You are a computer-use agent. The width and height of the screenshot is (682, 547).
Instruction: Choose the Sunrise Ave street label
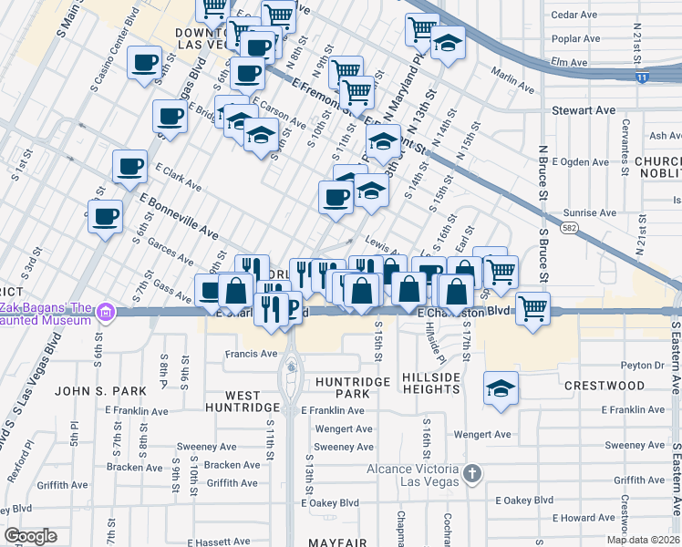(x=590, y=212)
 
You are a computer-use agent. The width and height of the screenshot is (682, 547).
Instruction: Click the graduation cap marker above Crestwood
(x=501, y=388)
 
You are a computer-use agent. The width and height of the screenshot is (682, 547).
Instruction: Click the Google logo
(x=31, y=536)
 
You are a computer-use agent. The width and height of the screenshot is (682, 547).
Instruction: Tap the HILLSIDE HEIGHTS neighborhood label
(x=430, y=383)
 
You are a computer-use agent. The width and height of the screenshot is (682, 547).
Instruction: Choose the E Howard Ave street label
(x=585, y=517)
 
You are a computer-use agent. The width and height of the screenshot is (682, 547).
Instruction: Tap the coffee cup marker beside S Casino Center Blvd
(x=144, y=64)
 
